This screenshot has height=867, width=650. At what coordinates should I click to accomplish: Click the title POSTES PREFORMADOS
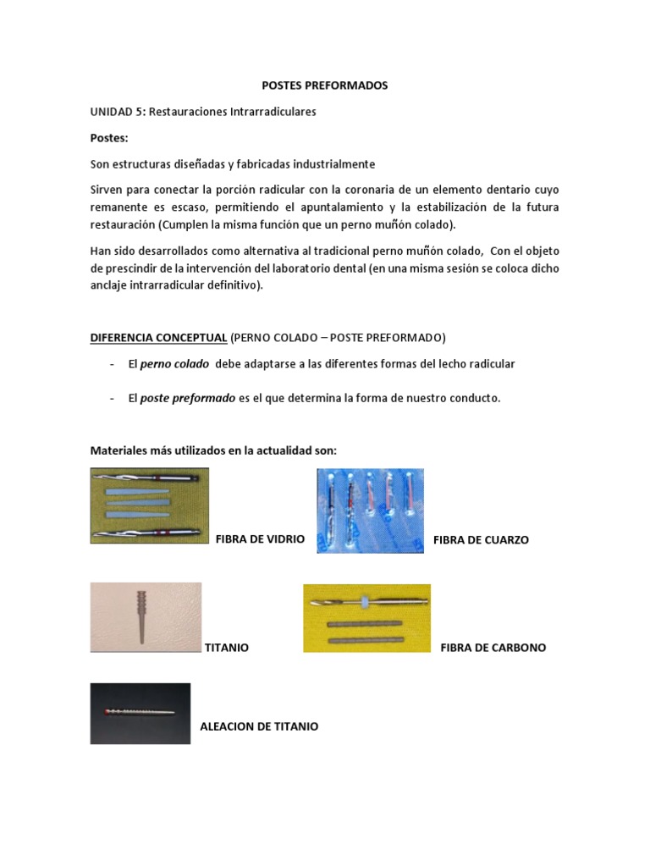[324, 86]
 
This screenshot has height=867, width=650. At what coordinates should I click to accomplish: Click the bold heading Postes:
[108, 137]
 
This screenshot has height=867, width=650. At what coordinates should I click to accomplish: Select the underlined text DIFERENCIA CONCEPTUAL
[158, 338]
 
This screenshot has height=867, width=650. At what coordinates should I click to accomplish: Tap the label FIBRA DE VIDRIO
[260, 538]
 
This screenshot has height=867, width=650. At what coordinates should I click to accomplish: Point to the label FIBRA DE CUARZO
[481, 539]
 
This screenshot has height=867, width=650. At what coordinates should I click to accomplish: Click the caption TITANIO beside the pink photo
[227, 647]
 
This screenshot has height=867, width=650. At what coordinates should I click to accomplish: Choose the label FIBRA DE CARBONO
[493, 647]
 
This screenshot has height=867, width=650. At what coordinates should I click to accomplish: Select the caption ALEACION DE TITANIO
[259, 726]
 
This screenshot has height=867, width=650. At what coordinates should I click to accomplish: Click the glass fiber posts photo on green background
[150, 505]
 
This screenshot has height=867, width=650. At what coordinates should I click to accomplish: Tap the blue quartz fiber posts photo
[370, 511]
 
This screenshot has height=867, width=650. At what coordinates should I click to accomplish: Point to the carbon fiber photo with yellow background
[366, 618]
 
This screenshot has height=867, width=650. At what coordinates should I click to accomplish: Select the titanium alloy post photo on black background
[140, 714]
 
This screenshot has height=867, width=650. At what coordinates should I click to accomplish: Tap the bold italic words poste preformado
[187, 398]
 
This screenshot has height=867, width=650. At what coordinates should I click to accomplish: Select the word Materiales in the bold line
[119, 450]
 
